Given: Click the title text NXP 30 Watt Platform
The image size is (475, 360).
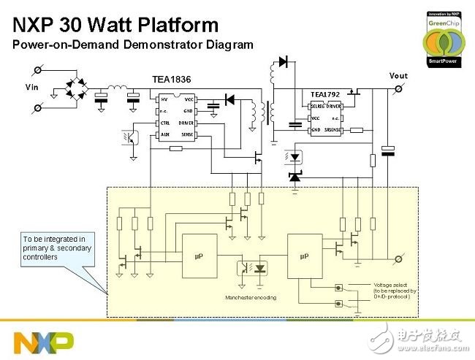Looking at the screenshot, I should tap(115, 25).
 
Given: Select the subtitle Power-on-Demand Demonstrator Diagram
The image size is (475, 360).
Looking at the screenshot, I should tap(132, 45).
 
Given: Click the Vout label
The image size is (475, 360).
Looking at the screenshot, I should tap(398, 75).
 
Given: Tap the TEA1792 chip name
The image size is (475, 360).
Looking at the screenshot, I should tap(327, 94).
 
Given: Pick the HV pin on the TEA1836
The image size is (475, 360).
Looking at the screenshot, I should tap(164, 98).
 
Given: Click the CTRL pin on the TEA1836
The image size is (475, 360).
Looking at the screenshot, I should tap(166, 123).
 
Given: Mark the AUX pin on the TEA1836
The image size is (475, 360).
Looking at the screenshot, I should tap(165, 135).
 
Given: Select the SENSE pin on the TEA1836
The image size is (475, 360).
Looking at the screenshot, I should tap(186, 135).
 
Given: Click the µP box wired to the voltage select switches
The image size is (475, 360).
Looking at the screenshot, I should tap(305, 256).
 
